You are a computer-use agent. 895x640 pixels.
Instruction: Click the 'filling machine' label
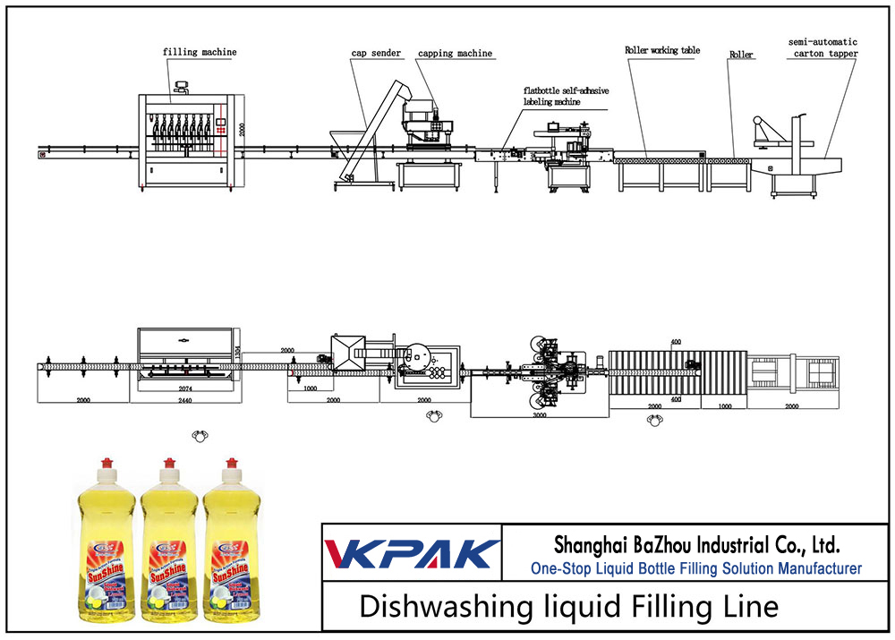click(x=200, y=52)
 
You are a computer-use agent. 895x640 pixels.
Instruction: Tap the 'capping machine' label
click(x=455, y=54)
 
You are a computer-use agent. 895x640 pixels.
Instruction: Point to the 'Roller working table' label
click(x=662, y=51)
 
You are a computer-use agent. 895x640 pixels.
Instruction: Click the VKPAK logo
click(x=412, y=553)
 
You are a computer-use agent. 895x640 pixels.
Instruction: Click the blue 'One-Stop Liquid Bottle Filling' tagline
click(x=695, y=568)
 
